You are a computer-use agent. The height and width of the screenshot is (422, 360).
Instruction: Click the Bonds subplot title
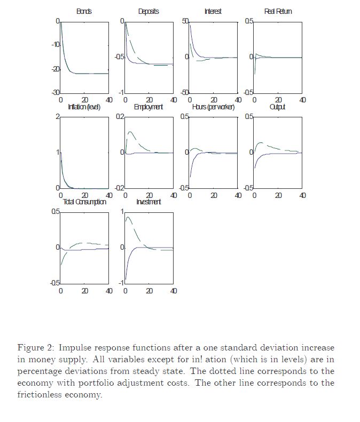pyautogui.click(x=84, y=11)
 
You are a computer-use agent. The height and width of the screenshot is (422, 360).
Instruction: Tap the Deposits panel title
pyautogui.click(x=148, y=11)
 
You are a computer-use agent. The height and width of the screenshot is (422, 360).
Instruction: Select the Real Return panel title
pyautogui.click(x=278, y=11)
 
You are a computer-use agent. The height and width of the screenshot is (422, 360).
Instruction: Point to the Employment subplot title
pyautogui.click(x=148, y=107)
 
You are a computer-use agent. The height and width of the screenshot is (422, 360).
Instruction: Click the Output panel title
pyautogui.click(x=278, y=107)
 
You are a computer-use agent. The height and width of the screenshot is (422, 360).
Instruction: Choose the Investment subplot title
pyautogui.click(x=148, y=202)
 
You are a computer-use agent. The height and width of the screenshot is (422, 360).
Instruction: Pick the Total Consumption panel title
pyautogui.click(x=84, y=202)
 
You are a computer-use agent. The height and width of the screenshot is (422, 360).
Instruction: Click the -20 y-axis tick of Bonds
pyautogui.click(x=55, y=69)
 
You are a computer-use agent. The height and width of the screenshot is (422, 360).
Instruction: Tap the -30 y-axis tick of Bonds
pyautogui.click(x=55, y=93)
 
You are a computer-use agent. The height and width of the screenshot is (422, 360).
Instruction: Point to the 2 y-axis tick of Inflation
pyautogui.click(x=57, y=117)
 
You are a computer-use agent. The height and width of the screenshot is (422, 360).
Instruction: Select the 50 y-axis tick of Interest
pyautogui.click(x=185, y=21)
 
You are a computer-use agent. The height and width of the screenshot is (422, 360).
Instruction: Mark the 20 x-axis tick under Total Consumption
pyautogui.click(x=85, y=291)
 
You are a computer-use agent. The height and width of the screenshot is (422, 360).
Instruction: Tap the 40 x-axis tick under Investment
pyautogui.click(x=174, y=291)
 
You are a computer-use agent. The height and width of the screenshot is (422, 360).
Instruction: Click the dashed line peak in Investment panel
pyautogui.click(x=128, y=217)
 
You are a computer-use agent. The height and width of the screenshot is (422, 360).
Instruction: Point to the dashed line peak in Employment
pyautogui.click(x=129, y=131)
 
